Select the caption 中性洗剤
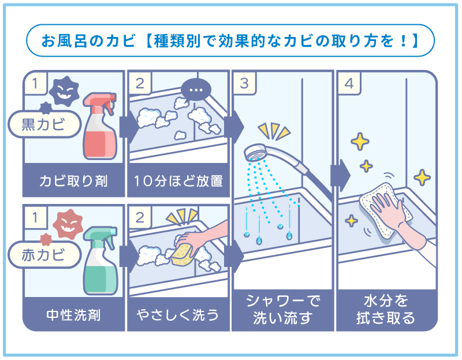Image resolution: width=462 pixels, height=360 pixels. tap(73, 316)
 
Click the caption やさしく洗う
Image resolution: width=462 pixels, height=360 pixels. tap(178, 316)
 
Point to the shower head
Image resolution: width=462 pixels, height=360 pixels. tap(258, 153)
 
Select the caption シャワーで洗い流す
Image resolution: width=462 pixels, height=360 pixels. tap(282, 309)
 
